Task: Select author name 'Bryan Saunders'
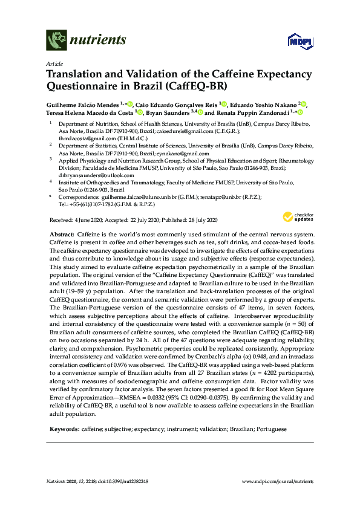(x=168, y=112)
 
